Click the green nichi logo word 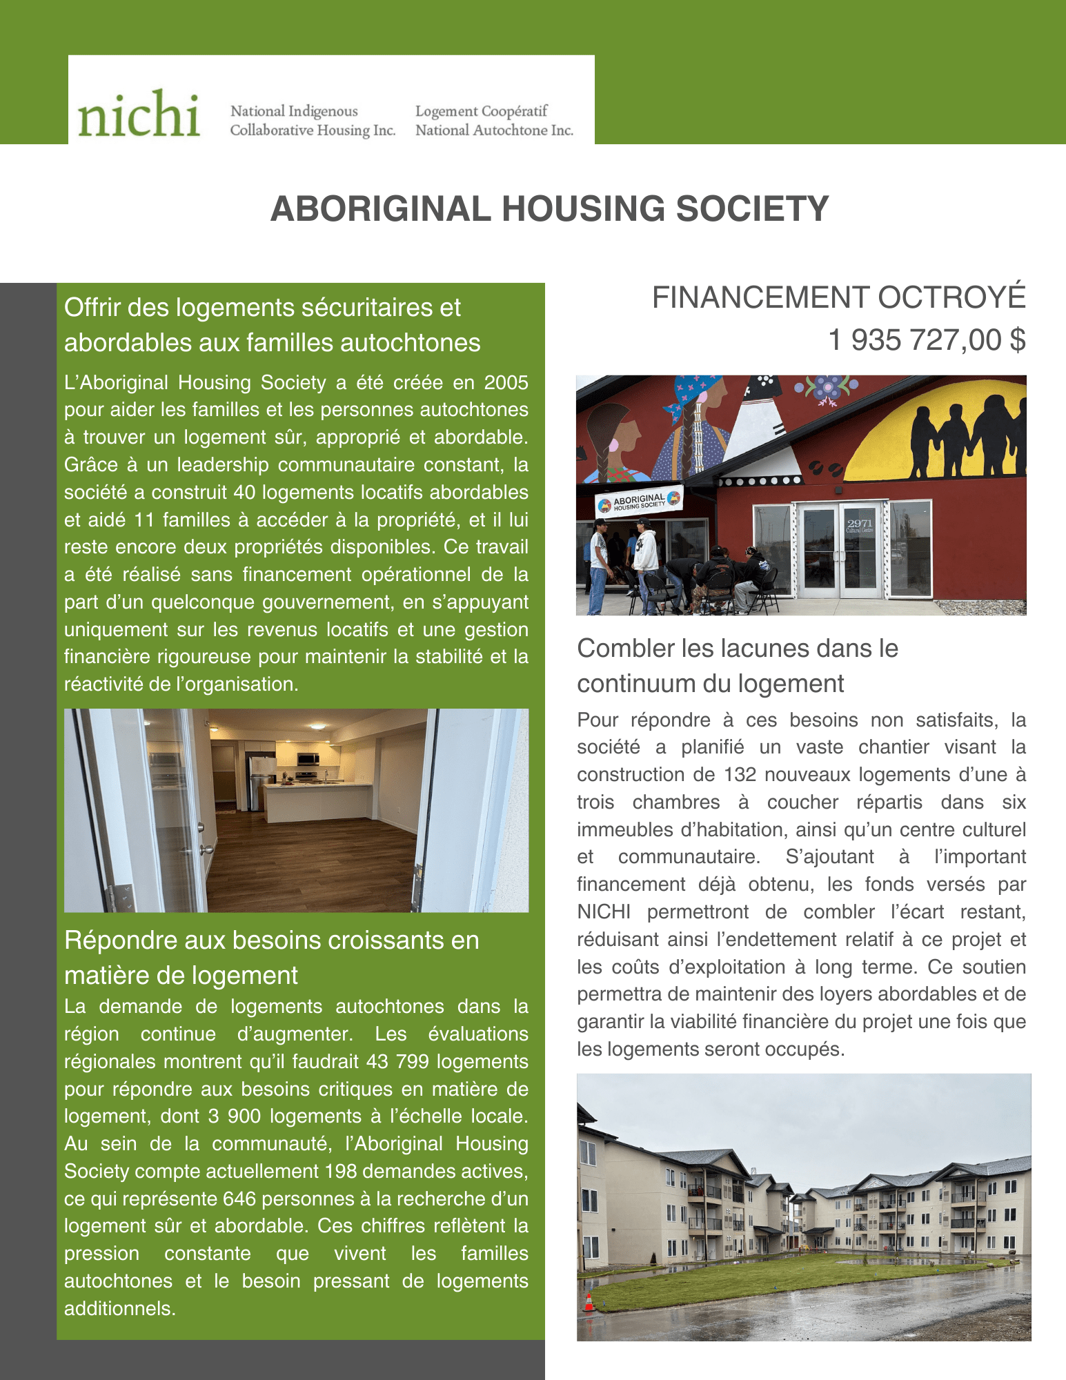coord(139,115)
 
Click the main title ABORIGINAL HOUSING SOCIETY coord(549,208)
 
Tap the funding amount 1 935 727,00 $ coord(927,340)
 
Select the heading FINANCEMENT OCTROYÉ coord(838,297)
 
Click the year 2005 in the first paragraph coord(506,382)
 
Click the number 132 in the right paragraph coord(740,775)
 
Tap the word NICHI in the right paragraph coord(604,912)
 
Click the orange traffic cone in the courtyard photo coord(589,1303)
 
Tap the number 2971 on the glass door coord(860,523)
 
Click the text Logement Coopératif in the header coord(481,111)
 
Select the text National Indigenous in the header coord(294,111)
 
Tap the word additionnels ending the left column coord(119,1308)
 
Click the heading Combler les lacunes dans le coord(737,649)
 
